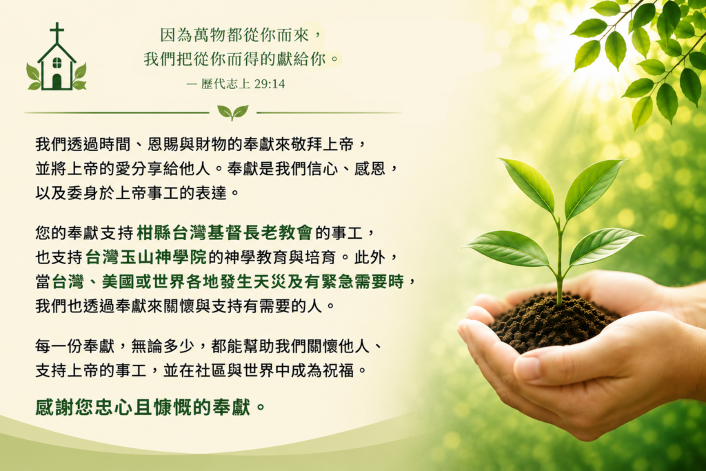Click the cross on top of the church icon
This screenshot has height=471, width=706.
point(57,32)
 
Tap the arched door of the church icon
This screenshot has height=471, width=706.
point(57,81)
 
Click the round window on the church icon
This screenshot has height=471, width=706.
point(57,63)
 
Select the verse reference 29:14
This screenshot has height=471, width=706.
point(270,83)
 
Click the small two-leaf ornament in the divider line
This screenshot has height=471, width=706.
point(232,112)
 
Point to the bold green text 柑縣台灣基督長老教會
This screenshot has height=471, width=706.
point(224,232)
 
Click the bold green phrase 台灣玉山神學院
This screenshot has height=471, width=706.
point(146,257)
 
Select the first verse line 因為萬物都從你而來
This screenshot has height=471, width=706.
point(234,34)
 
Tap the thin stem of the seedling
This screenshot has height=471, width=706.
point(560,261)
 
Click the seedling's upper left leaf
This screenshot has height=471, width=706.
point(529,185)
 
